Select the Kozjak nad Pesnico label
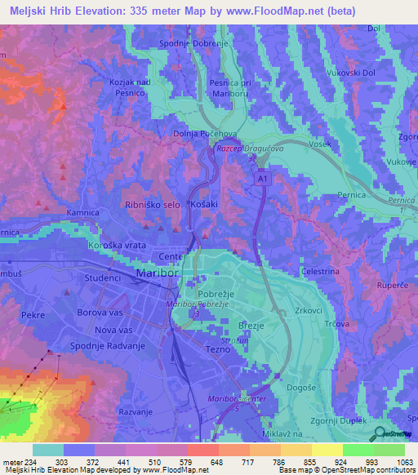131,87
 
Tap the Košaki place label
203,205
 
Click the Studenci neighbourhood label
103,278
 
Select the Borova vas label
97,313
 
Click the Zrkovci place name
310,311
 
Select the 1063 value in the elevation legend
405,463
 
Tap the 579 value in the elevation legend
172,463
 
